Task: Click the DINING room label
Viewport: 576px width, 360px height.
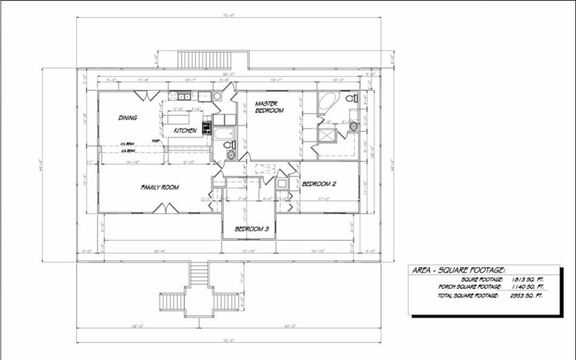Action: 128,117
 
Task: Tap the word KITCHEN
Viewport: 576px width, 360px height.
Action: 184,130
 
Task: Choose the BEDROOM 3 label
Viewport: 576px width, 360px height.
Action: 251,230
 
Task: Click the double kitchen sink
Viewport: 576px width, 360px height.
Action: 181,96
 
